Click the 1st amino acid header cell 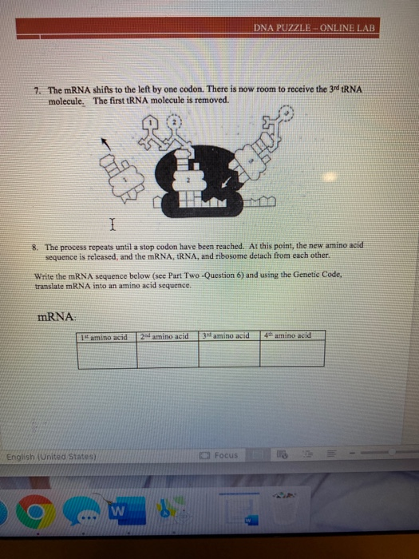[x=107, y=336]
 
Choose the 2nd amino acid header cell [x=168, y=336]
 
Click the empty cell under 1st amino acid [x=107, y=354]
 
